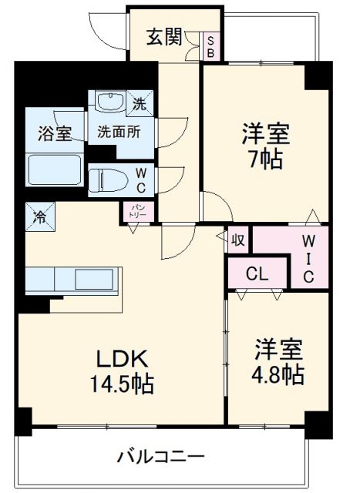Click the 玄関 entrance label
tap(165, 36)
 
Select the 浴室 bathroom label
tap(55, 132)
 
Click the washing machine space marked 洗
tap(141, 102)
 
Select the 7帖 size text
tap(266, 160)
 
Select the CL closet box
tap(257, 273)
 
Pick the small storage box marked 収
tap(237, 240)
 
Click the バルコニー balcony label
tap(161, 456)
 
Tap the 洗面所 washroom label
tap(119, 131)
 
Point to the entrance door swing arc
tap(100, 31)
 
